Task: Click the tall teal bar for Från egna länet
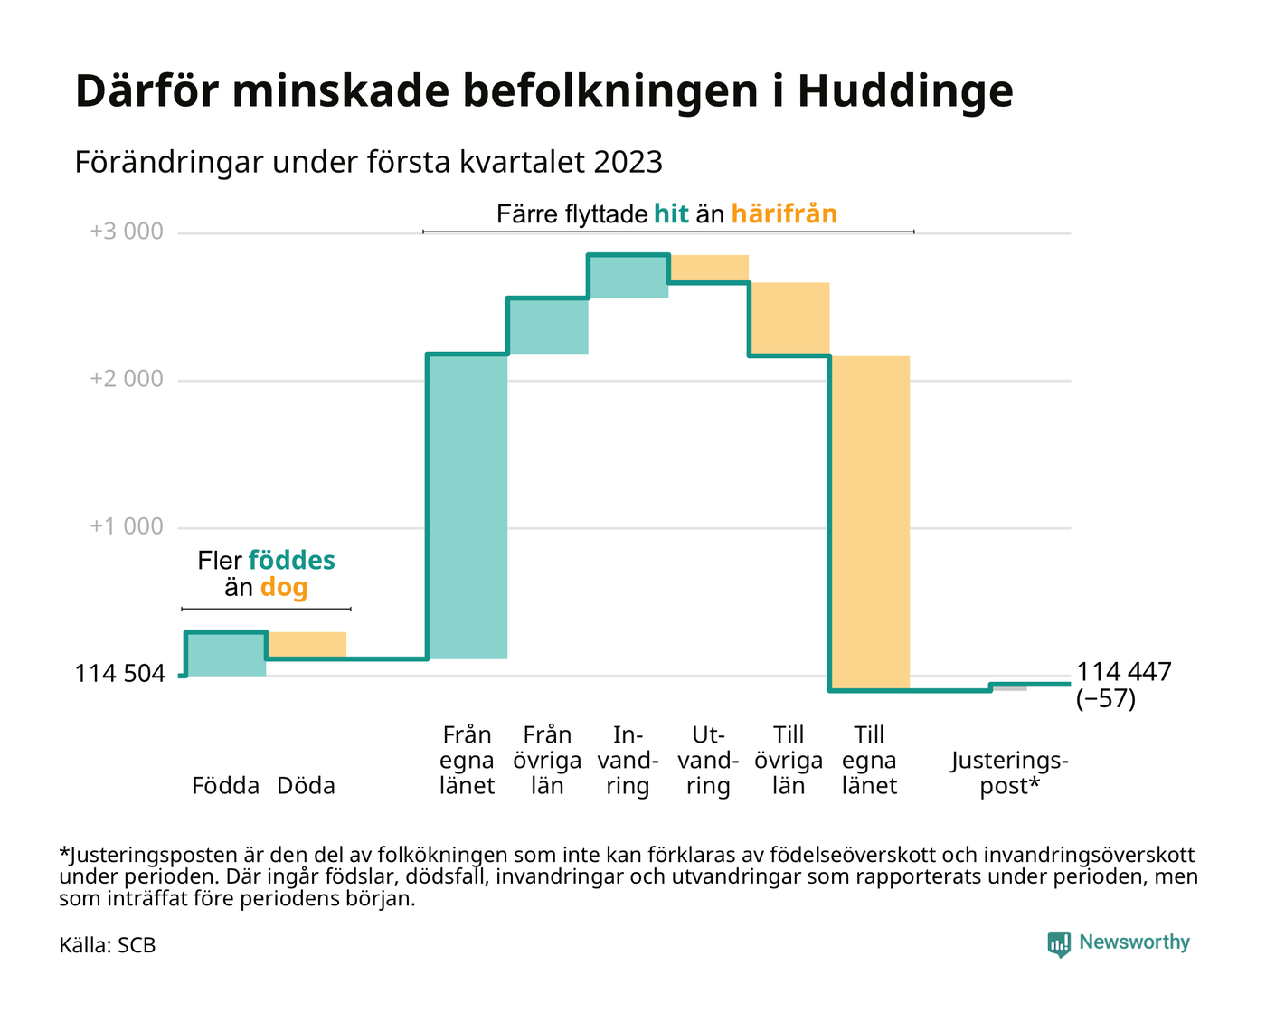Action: pyautogui.click(x=467, y=506)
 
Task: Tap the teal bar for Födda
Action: pyautogui.click(x=226, y=654)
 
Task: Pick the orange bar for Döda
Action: pyautogui.click(x=307, y=645)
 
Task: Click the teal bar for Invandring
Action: pyautogui.click(x=628, y=277)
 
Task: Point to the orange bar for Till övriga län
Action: pyautogui.click(x=789, y=318)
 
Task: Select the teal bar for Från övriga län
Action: pyautogui.click(x=548, y=326)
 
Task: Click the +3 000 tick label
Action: pyautogui.click(x=127, y=232)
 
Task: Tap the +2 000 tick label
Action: pyautogui.click(x=127, y=380)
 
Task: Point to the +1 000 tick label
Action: pyautogui.click(x=127, y=527)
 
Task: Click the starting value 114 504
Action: pyautogui.click(x=119, y=674)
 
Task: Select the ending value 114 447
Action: pyautogui.click(x=1124, y=672)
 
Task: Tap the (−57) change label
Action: pyautogui.click(x=1106, y=699)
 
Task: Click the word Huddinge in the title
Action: pyautogui.click(x=904, y=91)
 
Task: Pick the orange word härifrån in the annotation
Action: pyautogui.click(x=784, y=214)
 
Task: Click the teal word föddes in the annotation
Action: pyautogui.click(x=291, y=561)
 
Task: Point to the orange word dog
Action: pyautogui.click(x=284, y=588)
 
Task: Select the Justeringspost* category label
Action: pyautogui.click(x=1009, y=773)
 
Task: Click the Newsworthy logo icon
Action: pyautogui.click(x=1059, y=944)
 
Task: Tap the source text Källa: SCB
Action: pyautogui.click(x=108, y=946)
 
